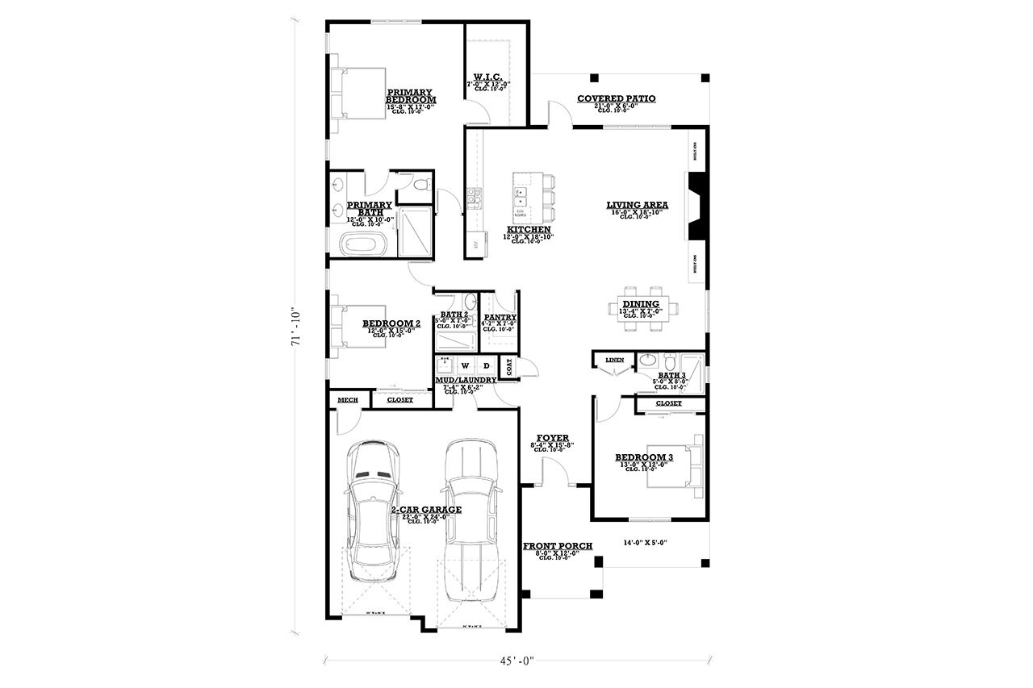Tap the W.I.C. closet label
[x=487, y=78]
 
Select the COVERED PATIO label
[x=616, y=98]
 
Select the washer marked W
[x=465, y=365]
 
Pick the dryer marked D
[x=486, y=365]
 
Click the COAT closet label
[x=508, y=366]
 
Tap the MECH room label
[x=347, y=399]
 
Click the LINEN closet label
[x=615, y=360]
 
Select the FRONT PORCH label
[x=557, y=546]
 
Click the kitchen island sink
[x=521, y=197]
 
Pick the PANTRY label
[x=499, y=318]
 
